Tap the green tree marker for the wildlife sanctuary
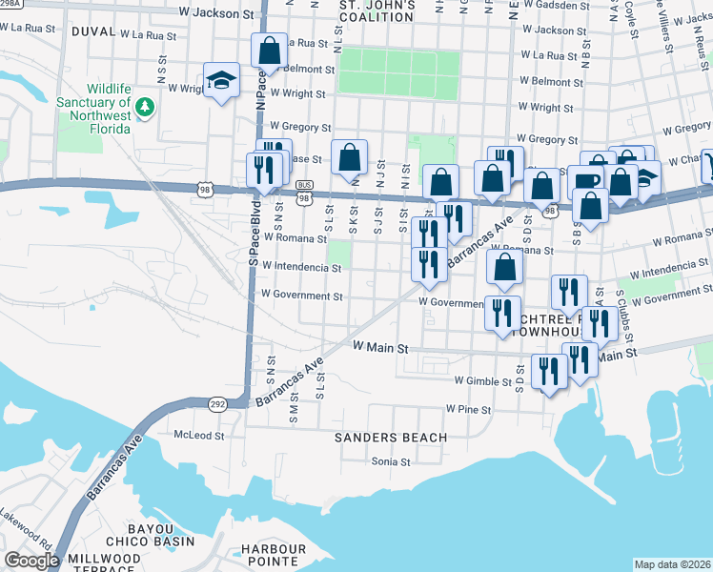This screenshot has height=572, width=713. (x=145, y=106)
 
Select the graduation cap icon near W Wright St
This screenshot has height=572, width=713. (x=221, y=80)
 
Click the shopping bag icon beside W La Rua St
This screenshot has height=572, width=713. (x=270, y=50)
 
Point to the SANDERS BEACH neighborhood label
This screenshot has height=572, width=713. (x=390, y=438)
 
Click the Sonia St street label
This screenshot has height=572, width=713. (x=390, y=461)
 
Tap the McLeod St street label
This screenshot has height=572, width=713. (x=199, y=436)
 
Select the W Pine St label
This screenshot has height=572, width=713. (x=468, y=410)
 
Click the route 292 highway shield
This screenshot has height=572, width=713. (x=218, y=403)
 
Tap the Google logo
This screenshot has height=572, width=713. (x=31, y=560)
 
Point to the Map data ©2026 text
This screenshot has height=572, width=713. (x=672, y=564)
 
